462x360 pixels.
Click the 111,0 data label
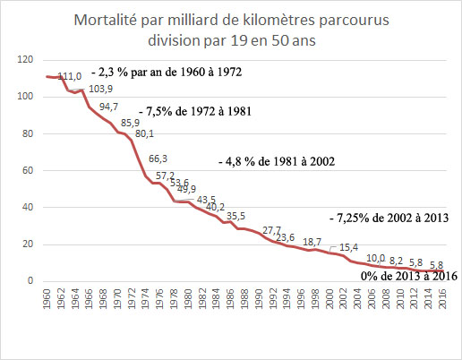(69, 76)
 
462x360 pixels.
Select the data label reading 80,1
(146, 133)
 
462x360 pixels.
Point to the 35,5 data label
(235, 216)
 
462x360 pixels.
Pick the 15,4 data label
(349, 247)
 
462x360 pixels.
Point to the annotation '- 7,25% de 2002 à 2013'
(387, 218)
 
